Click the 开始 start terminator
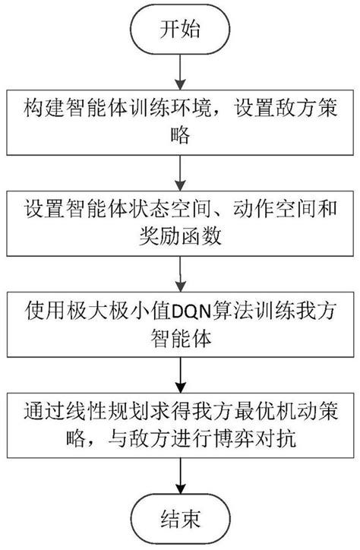click(179, 30)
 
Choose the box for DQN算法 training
click(179, 322)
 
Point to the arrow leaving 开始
click(179, 68)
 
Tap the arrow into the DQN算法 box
click(179, 270)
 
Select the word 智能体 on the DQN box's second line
click(179, 334)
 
